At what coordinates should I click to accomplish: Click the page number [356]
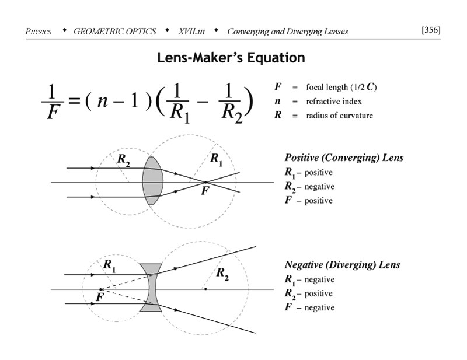pos(431,30)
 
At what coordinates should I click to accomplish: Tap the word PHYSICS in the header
pos(39,31)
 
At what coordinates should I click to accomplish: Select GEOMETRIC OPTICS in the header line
pos(115,31)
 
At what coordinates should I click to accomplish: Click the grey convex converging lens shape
pos(151,181)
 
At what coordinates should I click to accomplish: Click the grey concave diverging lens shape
pos(150,287)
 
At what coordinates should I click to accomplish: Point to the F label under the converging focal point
pos(204,191)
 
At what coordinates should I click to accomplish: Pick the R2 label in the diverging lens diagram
pos(222,272)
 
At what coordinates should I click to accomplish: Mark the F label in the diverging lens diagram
pos(99,298)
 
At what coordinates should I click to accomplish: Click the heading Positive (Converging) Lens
pos(344,158)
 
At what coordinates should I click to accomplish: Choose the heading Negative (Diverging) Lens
pos(342,264)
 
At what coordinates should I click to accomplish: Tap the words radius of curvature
pos(339,115)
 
